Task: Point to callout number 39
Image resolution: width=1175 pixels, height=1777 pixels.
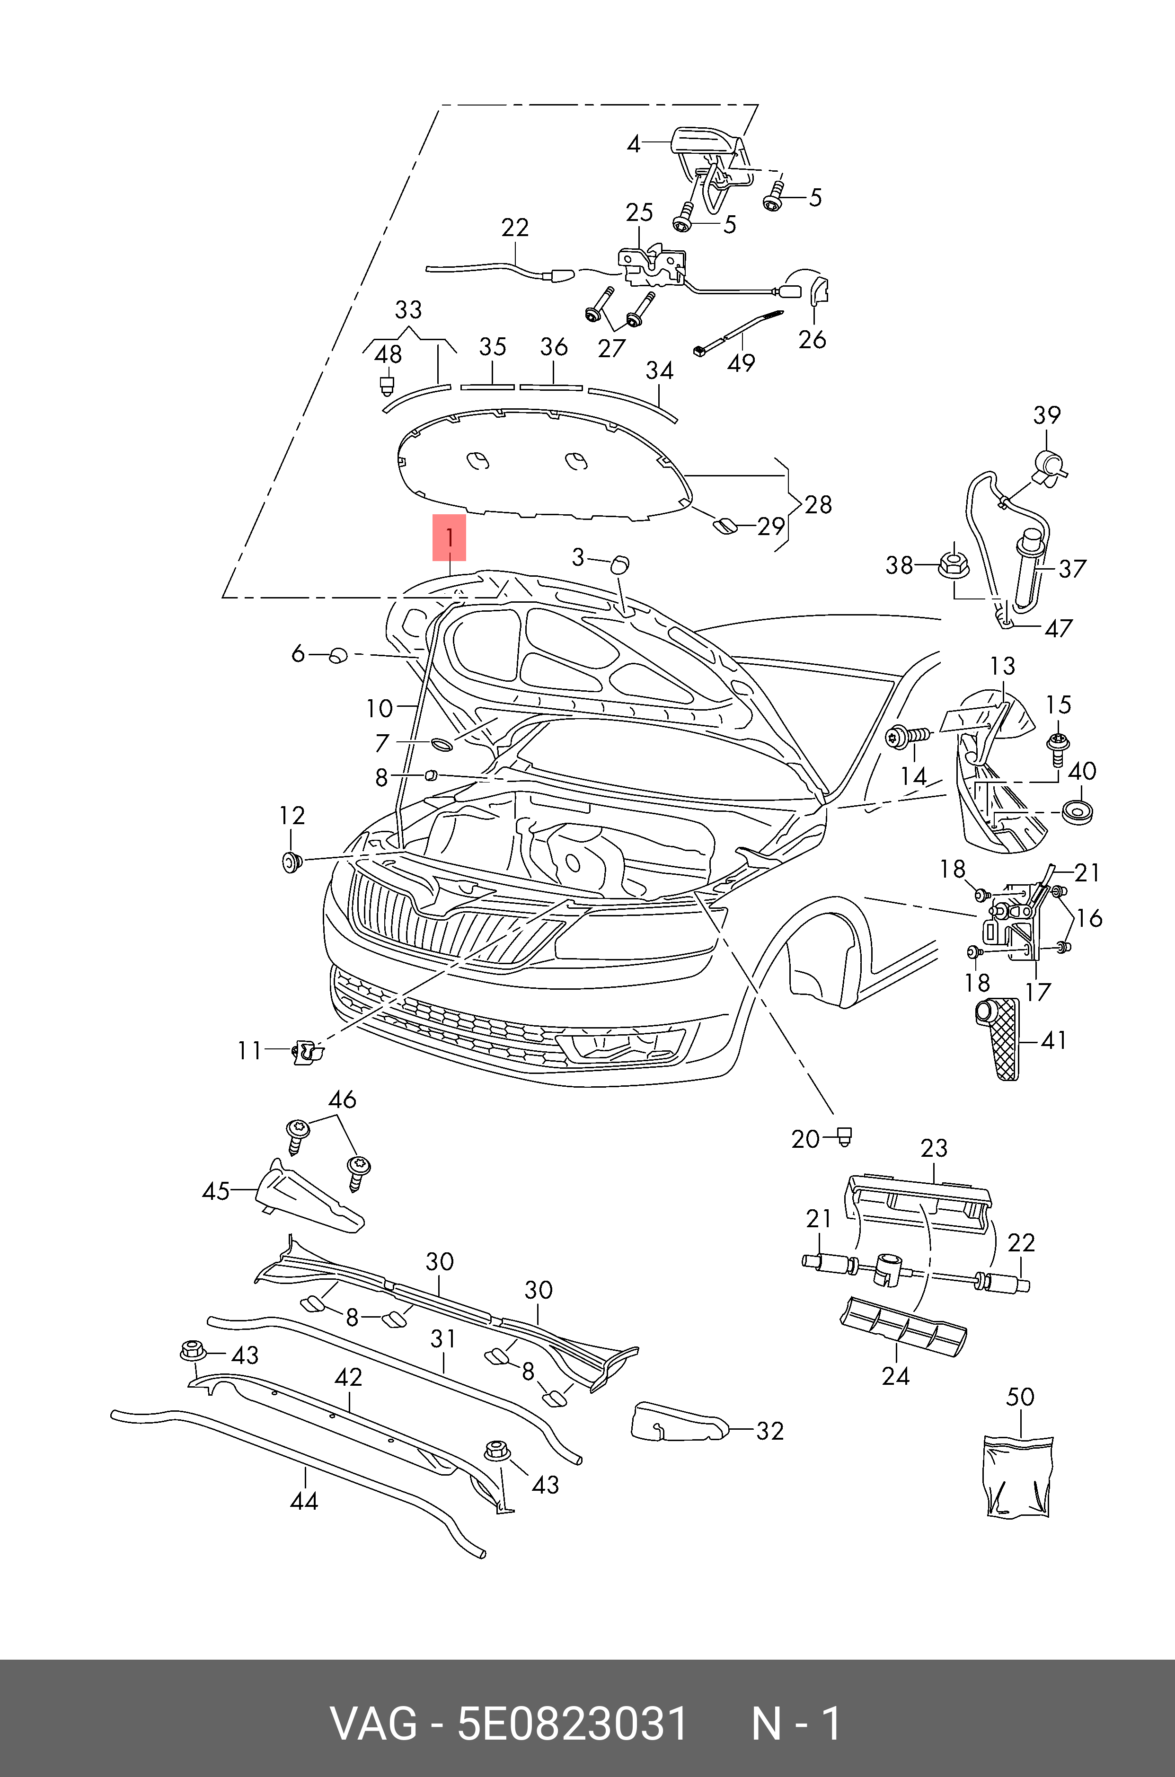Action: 1047,415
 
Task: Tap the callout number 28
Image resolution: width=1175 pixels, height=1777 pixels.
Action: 818,504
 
